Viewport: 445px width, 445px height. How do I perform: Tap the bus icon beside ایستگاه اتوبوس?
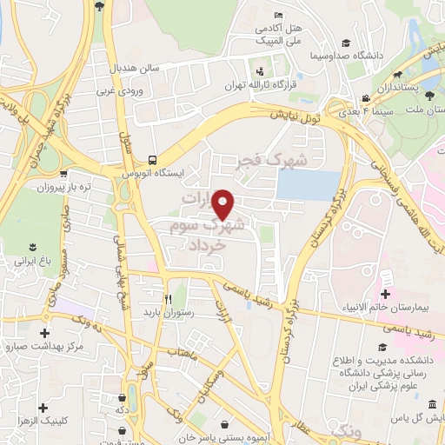152,160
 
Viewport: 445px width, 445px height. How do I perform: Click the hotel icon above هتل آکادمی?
278,16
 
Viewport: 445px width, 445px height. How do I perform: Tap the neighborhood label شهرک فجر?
273,162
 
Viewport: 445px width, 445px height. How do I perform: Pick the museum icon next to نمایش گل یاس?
433,407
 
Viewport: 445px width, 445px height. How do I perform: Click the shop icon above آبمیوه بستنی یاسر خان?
228,426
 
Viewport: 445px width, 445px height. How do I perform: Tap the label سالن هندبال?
132,67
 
